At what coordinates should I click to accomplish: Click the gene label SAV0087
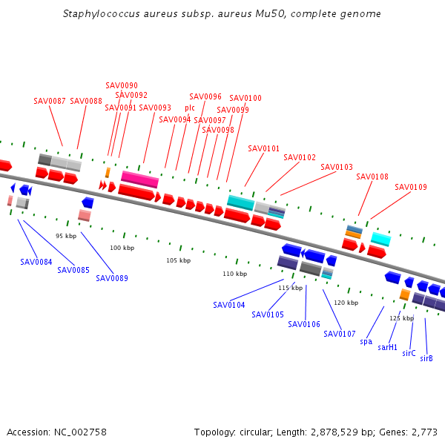click(50, 101)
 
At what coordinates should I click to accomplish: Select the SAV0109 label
click(411, 187)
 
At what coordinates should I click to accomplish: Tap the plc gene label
click(190, 108)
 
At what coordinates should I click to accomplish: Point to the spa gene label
click(366, 342)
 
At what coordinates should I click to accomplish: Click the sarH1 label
click(387, 347)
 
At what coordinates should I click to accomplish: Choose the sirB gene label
click(426, 358)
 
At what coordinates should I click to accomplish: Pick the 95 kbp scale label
click(66, 236)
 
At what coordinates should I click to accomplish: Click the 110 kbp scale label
click(234, 274)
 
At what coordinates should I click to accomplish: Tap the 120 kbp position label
click(346, 303)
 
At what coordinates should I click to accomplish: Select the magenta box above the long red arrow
click(139, 179)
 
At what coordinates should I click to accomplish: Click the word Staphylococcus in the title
click(102, 14)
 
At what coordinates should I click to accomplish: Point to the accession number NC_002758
click(80, 432)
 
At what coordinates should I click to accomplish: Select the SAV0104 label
click(228, 305)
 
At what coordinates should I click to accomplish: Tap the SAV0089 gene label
click(112, 278)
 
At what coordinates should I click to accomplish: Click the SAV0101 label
click(263, 148)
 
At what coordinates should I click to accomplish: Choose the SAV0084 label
click(36, 262)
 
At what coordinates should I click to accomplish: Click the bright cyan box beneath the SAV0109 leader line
click(381, 240)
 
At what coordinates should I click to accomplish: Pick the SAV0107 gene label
click(340, 334)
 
